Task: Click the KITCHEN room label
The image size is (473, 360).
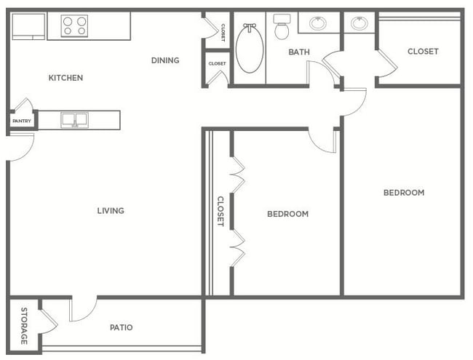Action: (x=65, y=78)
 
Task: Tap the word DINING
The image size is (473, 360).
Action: (x=165, y=60)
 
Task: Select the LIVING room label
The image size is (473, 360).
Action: (x=111, y=210)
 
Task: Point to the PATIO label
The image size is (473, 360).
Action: (x=122, y=327)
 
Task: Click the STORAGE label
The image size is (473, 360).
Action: (x=24, y=326)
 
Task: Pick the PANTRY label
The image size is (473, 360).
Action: (x=22, y=121)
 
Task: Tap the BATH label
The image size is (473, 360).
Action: (x=299, y=52)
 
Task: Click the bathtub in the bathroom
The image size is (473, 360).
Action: (x=250, y=48)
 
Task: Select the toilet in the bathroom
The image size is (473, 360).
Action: (x=282, y=27)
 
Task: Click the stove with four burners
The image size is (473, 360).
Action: (x=74, y=26)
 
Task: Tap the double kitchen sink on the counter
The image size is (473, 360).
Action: (x=74, y=120)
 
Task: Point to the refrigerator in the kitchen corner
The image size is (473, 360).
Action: (x=28, y=26)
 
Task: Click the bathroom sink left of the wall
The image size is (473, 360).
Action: (x=318, y=23)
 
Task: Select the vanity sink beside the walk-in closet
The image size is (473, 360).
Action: (x=359, y=23)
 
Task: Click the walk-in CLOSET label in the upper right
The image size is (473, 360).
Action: (x=423, y=52)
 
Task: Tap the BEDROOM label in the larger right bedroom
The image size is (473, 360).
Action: (x=404, y=193)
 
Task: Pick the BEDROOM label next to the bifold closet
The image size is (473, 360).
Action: (x=287, y=214)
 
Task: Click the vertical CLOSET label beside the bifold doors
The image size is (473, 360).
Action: (x=220, y=212)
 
